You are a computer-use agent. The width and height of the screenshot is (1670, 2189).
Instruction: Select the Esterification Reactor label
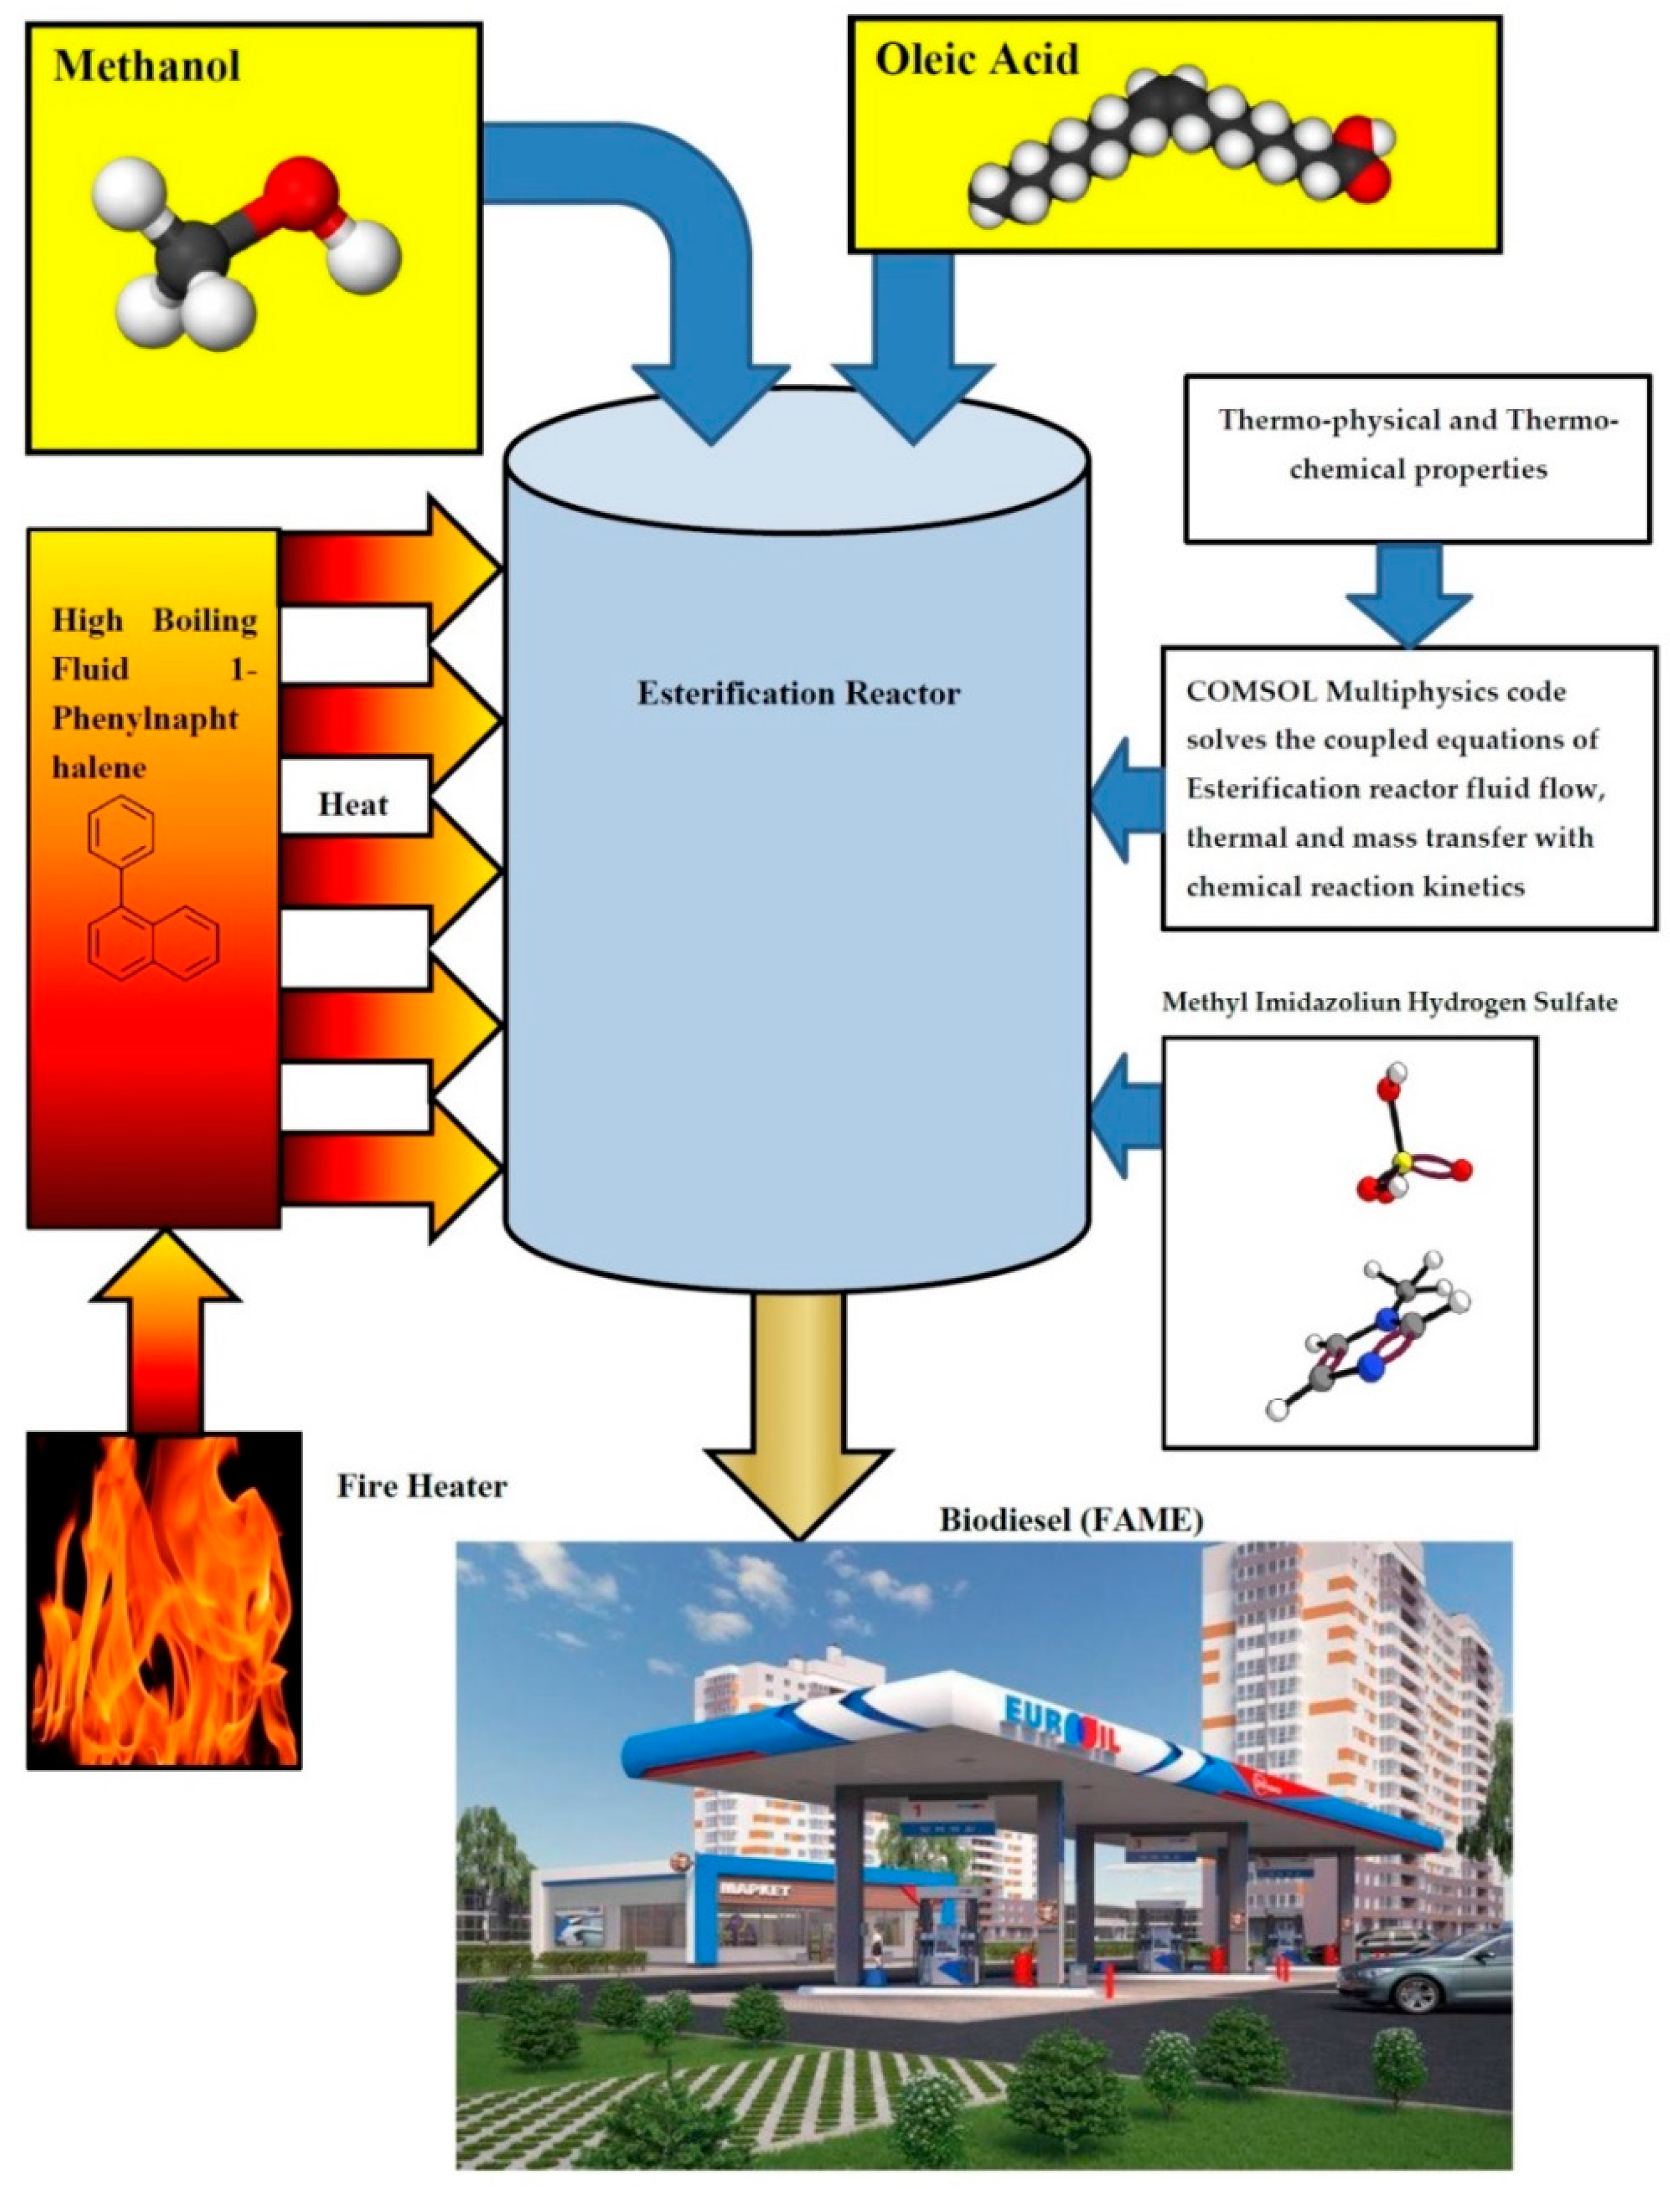click(x=798, y=693)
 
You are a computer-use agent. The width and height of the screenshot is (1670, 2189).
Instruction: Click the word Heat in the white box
click(x=353, y=804)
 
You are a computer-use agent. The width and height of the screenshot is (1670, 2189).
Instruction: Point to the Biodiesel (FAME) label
click(x=1071, y=1521)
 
